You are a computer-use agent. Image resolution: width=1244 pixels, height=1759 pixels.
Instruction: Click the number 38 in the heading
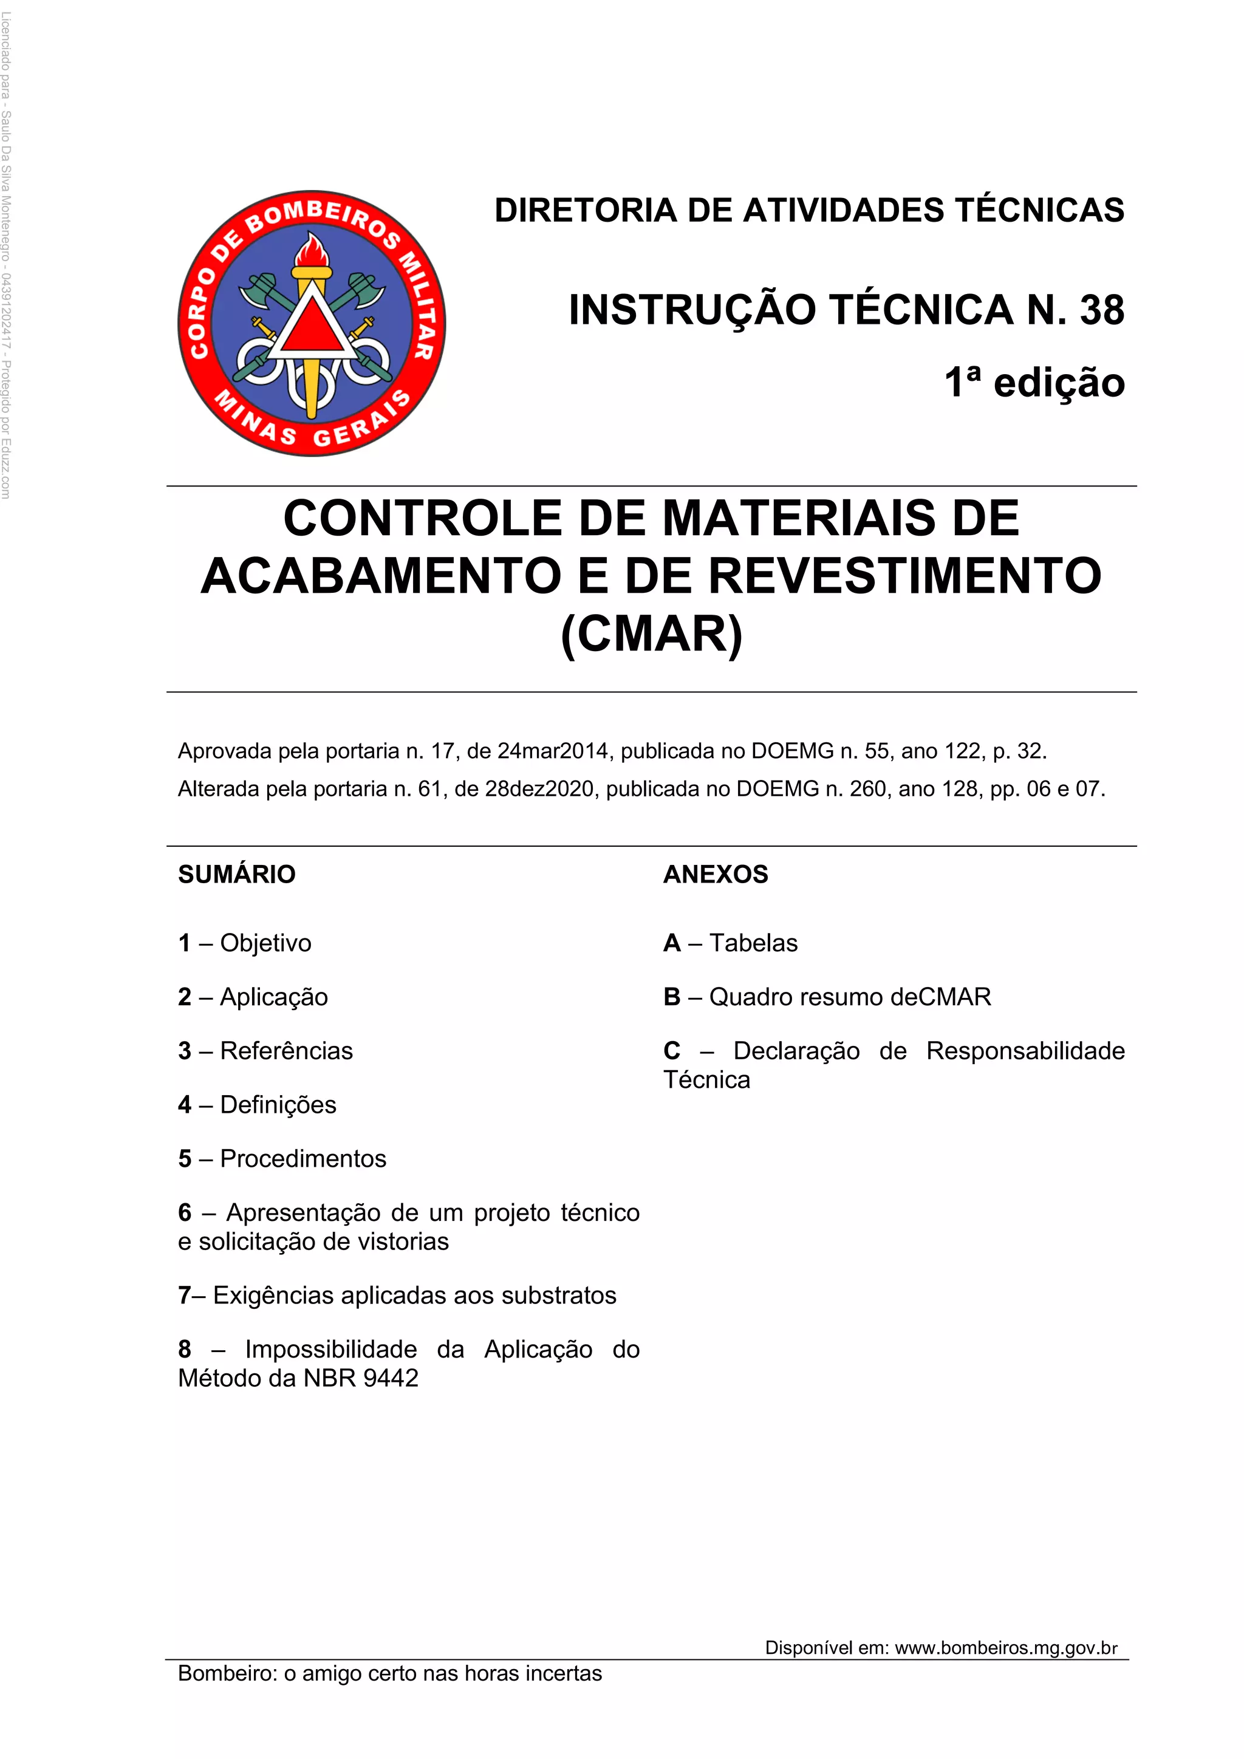(x=1101, y=310)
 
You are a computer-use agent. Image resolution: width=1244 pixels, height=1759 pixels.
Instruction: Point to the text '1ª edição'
(x=1034, y=382)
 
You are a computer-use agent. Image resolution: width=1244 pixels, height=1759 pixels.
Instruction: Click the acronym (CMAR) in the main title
(x=652, y=634)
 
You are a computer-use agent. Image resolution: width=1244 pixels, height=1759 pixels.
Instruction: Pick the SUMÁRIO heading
(x=237, y=874)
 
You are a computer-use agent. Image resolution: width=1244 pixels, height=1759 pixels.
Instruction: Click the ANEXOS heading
(x=716, y=874)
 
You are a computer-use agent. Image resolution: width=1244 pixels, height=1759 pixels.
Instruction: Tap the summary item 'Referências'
(x=287, y=1051)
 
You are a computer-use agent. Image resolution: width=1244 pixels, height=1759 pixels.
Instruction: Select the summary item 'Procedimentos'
(x=302, y=1158)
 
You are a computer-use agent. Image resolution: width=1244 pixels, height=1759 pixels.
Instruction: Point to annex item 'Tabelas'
(x=753, y=943)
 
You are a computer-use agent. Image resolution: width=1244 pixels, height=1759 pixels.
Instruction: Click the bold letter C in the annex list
(x=672, y=1051)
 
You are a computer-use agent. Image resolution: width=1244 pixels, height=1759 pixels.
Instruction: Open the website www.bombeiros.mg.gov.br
(x=1006, y=1648)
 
